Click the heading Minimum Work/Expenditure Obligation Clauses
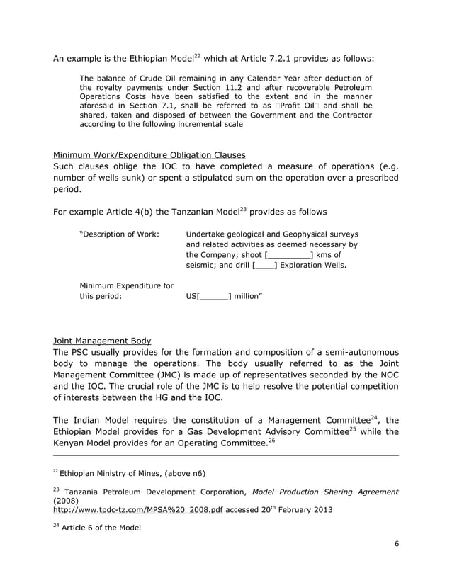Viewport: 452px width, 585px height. [149, 154]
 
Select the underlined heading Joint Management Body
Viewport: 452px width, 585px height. [97, 339]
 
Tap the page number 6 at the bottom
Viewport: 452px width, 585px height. [396, 543]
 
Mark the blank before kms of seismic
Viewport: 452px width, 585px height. [289, 255]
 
